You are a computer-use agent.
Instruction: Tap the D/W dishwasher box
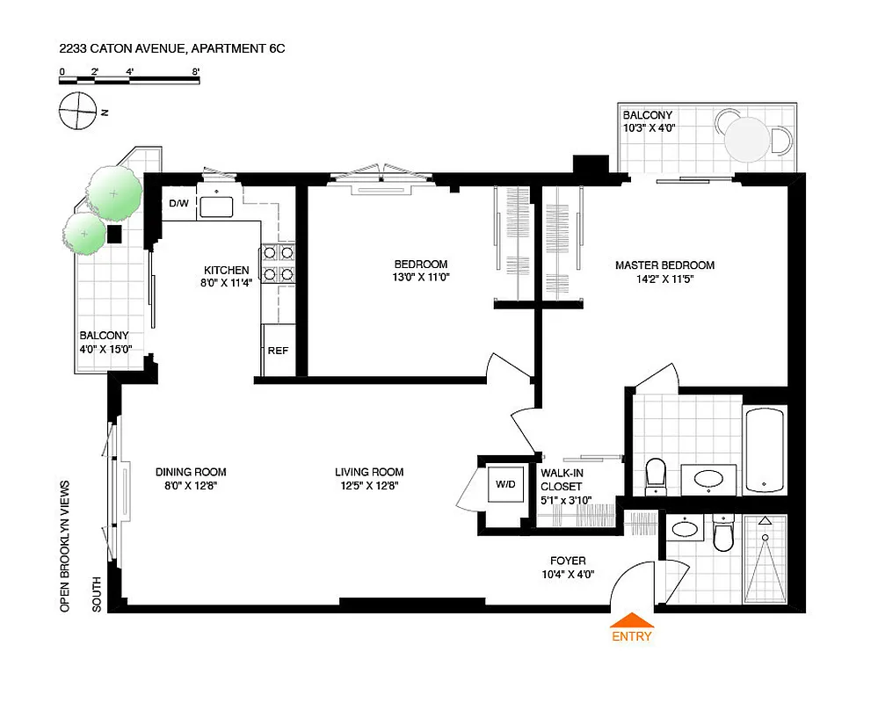pyautogui.click(x=179, y=204)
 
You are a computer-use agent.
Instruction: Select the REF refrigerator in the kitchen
pyautogui.click(x=278, y=351)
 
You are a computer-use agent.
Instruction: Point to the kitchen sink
pyautogui.click(x=215, y=207)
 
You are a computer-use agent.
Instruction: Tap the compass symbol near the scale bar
pyautogui.click(x=77, y=112)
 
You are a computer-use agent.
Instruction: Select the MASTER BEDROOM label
pyautogui.click(x=664, y=265)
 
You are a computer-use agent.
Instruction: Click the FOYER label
pyautogui.click(x=568, y=562)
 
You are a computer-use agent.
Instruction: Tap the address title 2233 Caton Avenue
pyautogui.click(x=171, y=49)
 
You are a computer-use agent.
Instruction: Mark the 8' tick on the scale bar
pyautogui.click(x=196, y=72)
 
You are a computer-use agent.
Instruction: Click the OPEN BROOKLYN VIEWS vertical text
pyautogui.click(x=64, y=545)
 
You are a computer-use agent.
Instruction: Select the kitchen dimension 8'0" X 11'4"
pyautogui.click(x=227, y=282)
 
